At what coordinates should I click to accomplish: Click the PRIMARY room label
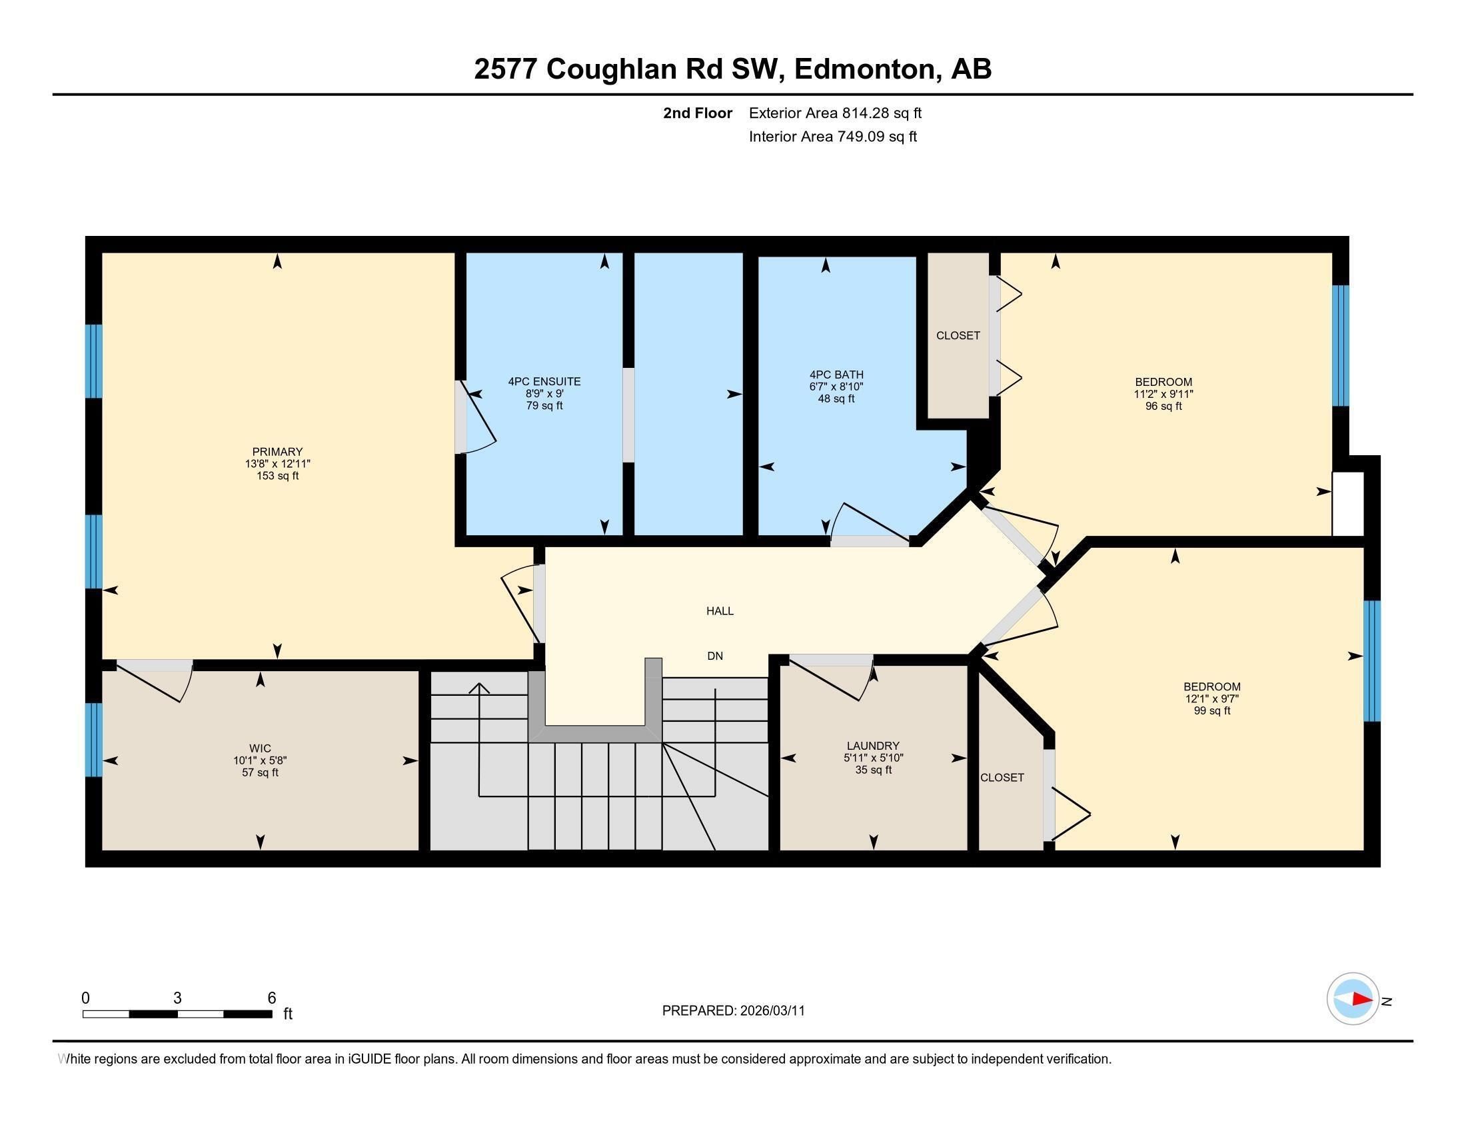[277, 452]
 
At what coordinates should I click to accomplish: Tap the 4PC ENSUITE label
[544, 381]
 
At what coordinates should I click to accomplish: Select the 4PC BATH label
[836, 375]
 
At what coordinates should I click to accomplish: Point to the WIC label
[261, 748]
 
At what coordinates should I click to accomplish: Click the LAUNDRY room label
[873, 746]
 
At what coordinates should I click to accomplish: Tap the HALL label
[720, 610]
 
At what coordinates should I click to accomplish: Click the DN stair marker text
[715, 656]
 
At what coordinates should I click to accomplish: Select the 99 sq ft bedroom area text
[1212, 710]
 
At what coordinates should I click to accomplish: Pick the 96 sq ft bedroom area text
[1163, 406]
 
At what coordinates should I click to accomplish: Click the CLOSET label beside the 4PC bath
[958, 336]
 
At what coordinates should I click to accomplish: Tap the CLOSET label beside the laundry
[1002, 777]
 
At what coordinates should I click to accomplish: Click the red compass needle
[1362, 999]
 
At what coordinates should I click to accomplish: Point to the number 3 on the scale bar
[177, 998]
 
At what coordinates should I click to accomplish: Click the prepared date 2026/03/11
[771, 1011]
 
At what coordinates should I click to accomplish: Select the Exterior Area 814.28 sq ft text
[835, 113]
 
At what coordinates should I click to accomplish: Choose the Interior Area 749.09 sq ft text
[832, 136]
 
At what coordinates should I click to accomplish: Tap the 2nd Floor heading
[698, 113]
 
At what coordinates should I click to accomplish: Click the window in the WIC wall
[94, 740]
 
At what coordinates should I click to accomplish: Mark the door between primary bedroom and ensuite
[460, 417]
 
